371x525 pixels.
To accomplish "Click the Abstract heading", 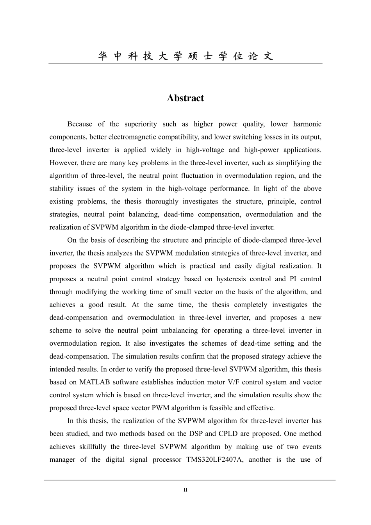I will click(x=185, y=98).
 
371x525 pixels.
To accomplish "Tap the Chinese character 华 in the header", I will click(x=103, y=56).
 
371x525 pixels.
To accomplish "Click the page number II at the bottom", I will click(x=185, y=490).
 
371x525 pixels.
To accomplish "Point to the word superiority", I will click(x=140, y=124).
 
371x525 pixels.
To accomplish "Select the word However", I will click(x=64, y=163).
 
